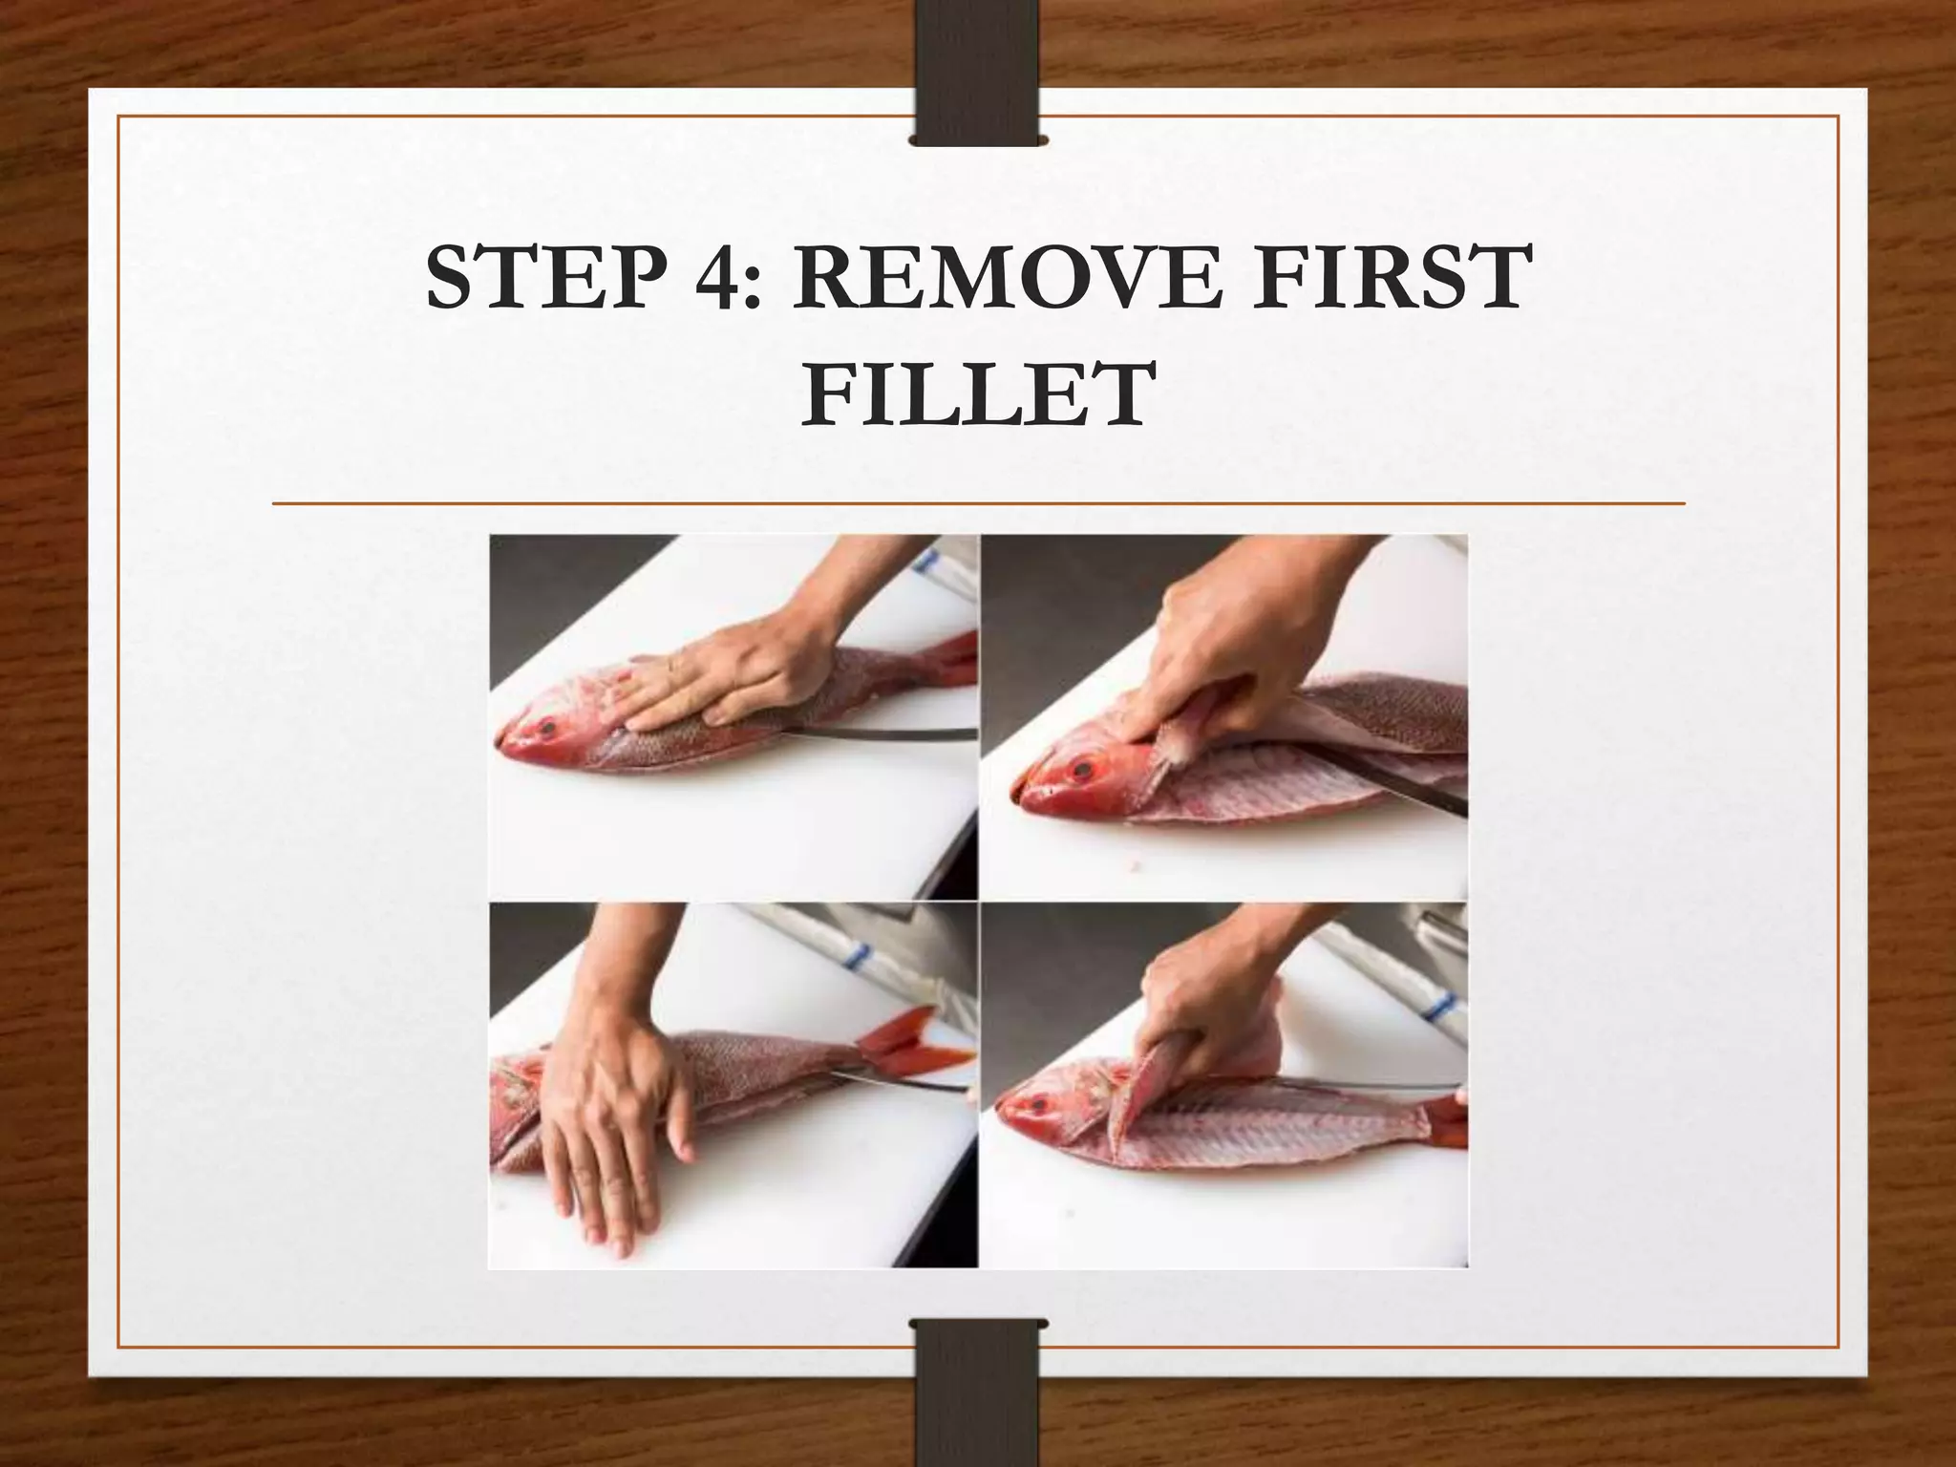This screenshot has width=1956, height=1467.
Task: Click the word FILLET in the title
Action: click(x=976, y=393)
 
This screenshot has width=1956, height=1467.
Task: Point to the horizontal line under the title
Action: click(x=978, y=502)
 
